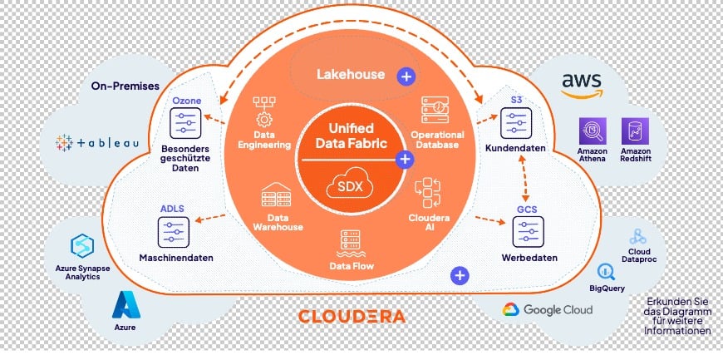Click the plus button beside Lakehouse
(x=406, y=77)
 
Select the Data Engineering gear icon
(x=264, y=111)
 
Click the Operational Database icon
(x=435, y=110)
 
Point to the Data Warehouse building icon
(x=276, y=195)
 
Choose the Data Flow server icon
(x=351, y=244)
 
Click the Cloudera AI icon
(x=427, y=193)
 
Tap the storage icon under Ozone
(x=185, y=123)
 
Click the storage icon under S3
(x=515, y=123)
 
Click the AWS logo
(x=582, y=86)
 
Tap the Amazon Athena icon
(x=593, y=131)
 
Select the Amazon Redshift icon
(x=635, y=131)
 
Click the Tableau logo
(x=97, y=143)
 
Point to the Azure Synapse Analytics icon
(x=82, y=246)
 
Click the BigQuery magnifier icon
(x=606, y=273)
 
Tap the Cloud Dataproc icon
(x=638, y=236)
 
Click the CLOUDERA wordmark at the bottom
(x=352, y=316)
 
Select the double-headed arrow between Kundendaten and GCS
(x=524, y=178)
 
